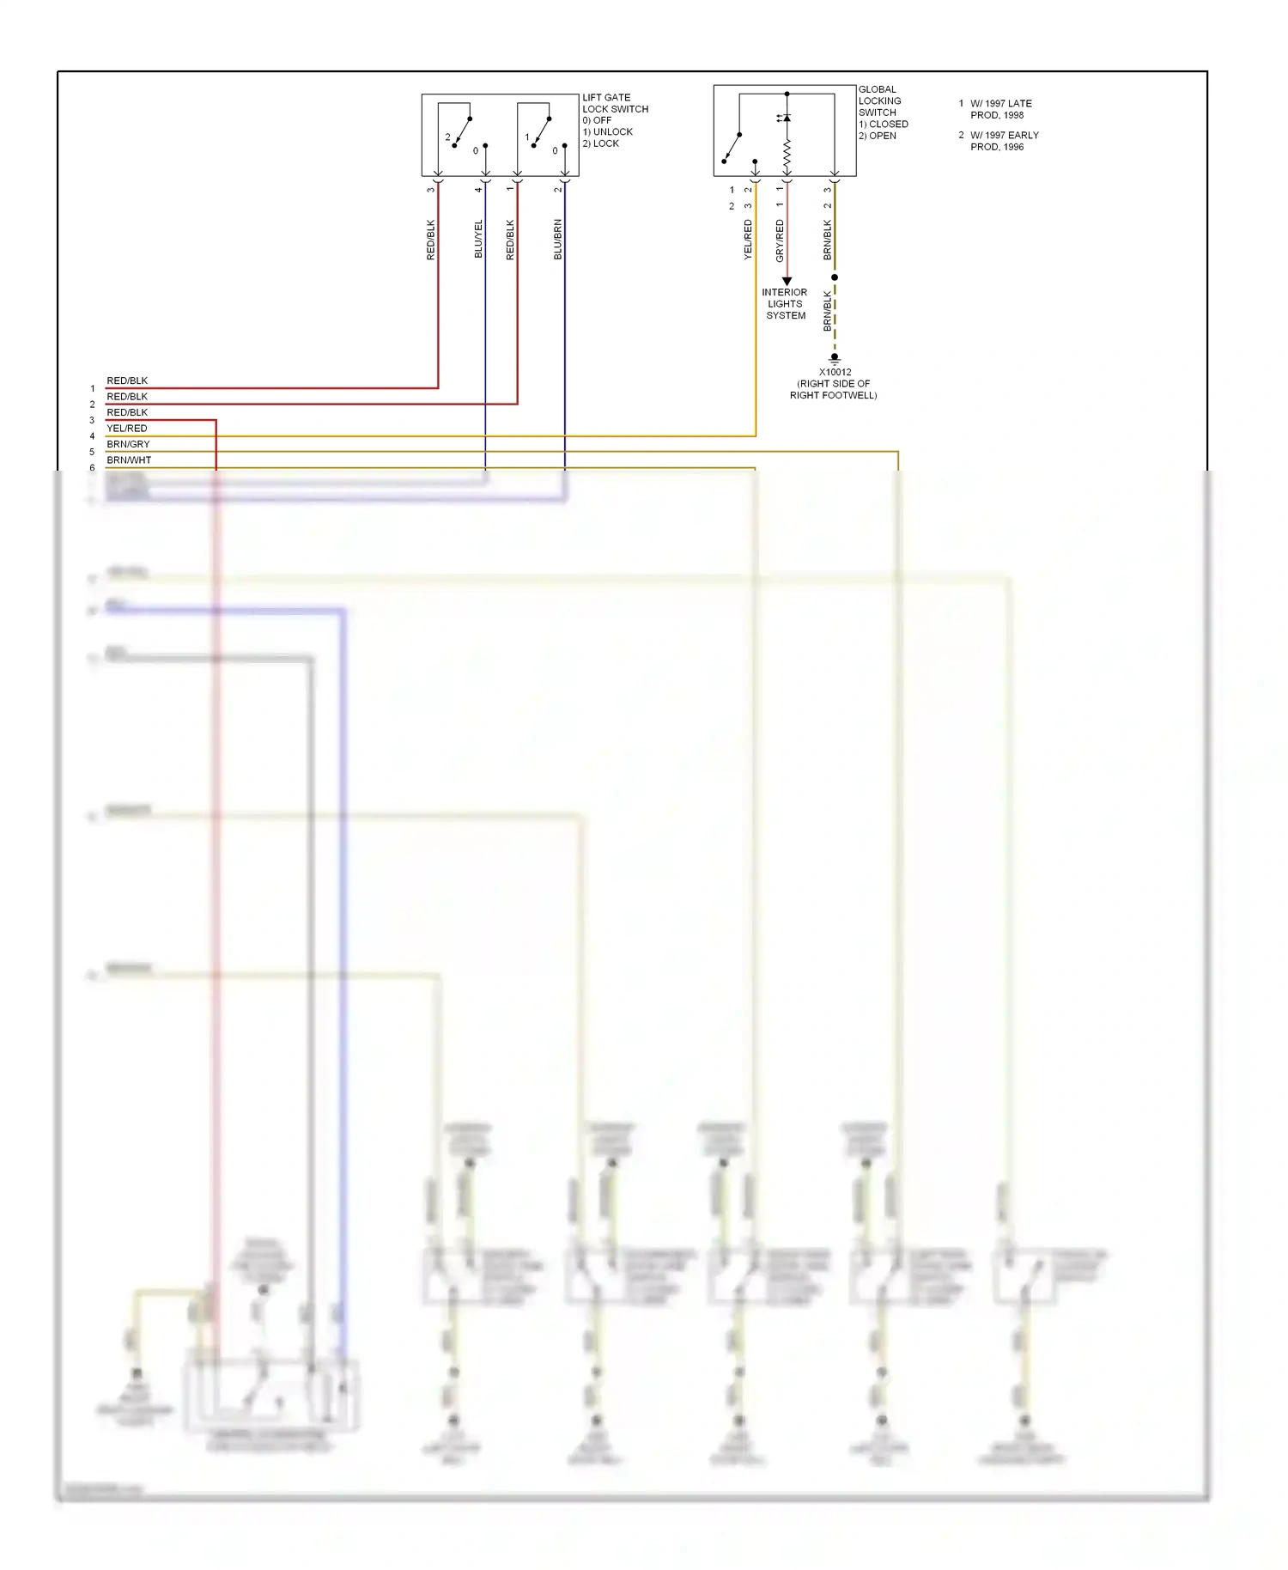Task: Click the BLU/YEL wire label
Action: click(479, 239)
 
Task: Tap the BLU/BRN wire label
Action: click(558, 239)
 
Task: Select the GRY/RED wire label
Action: click(780, 240)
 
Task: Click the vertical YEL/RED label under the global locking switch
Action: click(748, 240)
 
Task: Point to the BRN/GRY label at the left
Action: click(128, 444)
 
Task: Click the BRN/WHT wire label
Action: click(129, 460)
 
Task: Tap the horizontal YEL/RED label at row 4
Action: click(127, 429)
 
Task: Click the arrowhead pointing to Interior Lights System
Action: click(787, 282)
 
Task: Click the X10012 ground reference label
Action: click(835, 373)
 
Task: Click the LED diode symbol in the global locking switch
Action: click(786, 118)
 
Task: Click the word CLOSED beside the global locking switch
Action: click(889, 125)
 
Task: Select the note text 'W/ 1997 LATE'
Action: click(1001, 104)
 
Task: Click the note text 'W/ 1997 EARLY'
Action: click(1005, 136)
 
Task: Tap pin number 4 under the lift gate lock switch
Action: click(478, 189)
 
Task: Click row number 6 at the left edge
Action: click(93, 468)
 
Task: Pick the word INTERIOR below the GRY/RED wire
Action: click(784, 293)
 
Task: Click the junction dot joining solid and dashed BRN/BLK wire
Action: click(834, 277)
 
